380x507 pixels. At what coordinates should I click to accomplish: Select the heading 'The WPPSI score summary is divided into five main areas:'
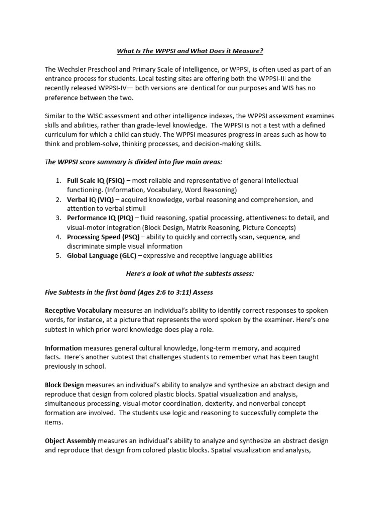(x=130, y=162)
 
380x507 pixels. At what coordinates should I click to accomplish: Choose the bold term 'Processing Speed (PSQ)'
(x=101, y=237)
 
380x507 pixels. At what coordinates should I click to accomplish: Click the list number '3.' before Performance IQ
(x=58, y=218)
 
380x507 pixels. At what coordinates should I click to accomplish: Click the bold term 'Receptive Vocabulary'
(x=78, y=311)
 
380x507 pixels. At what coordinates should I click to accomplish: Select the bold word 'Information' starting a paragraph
(x=63, y=349)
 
